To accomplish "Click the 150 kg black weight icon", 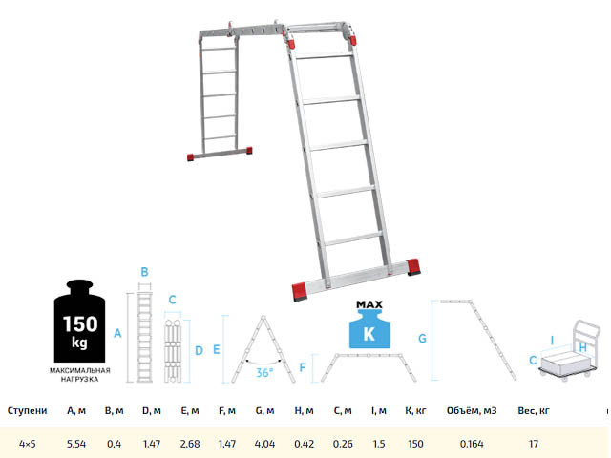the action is (79, 321).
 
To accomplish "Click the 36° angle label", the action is (264, 373).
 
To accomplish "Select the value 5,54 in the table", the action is (76, 444).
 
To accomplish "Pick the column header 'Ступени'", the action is (28, 411).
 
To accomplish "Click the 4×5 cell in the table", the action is (28, 444).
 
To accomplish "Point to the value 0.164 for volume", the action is (472, 444).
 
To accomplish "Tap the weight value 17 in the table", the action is (534, 444).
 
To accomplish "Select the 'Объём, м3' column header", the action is (472, 411).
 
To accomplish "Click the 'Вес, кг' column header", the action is (534, 411).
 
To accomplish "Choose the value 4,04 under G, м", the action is (264, 444).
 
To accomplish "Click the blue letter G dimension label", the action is (422, 339).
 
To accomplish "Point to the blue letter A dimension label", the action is (117, 333).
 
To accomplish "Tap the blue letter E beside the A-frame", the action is (217, 349).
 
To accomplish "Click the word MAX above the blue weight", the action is (369, 304).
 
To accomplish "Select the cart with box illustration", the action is (569, 349).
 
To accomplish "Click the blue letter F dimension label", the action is (303, 367).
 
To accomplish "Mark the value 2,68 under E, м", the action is (190, 444).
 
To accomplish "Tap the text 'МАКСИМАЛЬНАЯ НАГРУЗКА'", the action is (79, 375).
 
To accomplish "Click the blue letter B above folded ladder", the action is (144, 272).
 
